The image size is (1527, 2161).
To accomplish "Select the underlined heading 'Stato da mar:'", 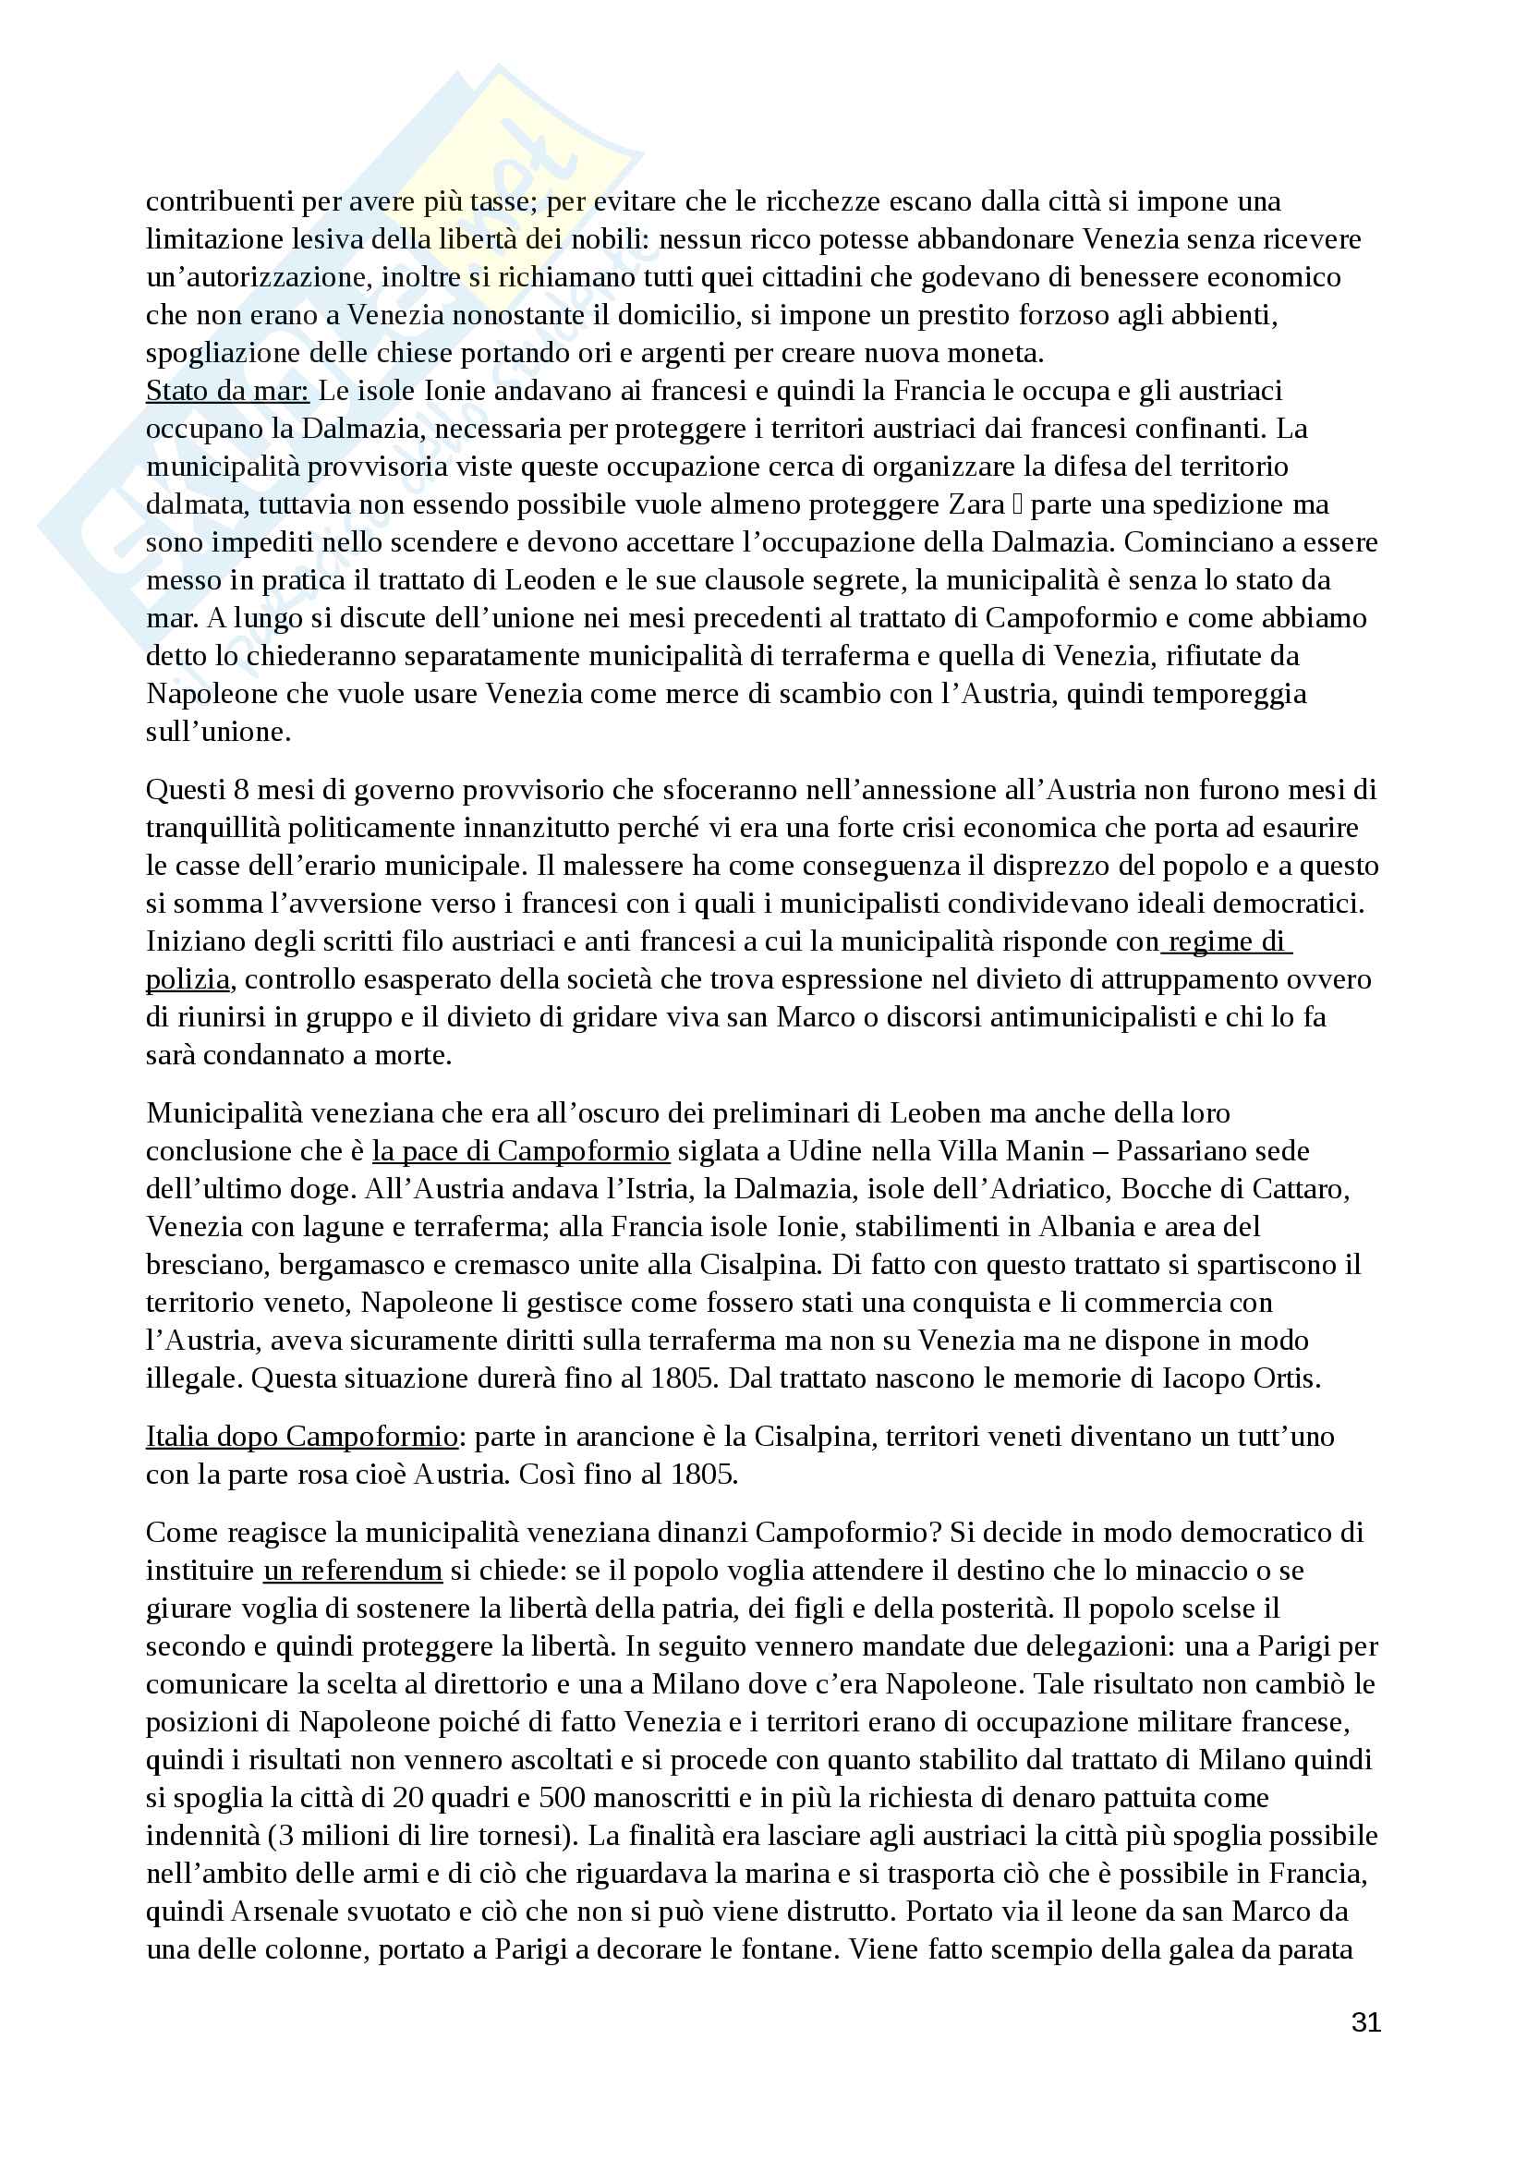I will [x=226, y=391].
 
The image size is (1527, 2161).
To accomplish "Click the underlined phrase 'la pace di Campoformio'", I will [x=520, y=1151].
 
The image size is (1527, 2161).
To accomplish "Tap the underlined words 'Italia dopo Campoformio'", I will [x=301, y=1437].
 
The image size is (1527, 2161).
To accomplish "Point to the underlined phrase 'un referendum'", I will [x=352, y=1570].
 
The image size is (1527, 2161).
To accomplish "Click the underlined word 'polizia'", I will [x=188, y=979].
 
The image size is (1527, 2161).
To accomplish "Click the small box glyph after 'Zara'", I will [x=1017, y=505].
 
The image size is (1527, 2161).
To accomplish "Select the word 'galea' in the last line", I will [x=1208, y=1949].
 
